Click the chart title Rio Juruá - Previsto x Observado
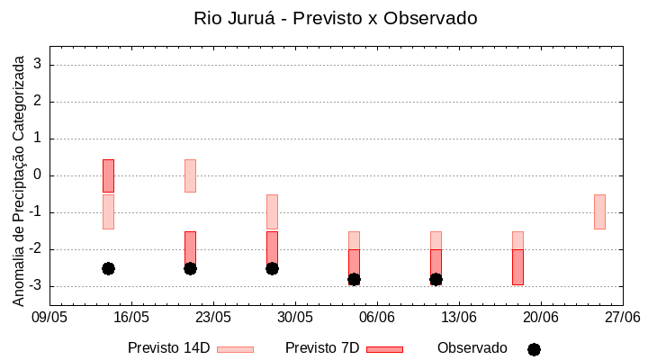tap(335, 18)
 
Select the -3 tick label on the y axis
tap(36, 286)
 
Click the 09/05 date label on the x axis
tap(49, 318)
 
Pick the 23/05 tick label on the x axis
tap(213, 318)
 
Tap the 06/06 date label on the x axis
tap(377, 318)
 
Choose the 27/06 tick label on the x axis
tap(622, 318)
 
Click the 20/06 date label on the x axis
tap(541, 318)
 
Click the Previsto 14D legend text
tap(168, 348)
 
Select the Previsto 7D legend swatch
tap(384, 349)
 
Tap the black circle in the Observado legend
tap(534, 349)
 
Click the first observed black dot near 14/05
tap(108, 268)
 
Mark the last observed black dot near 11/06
tap(436, 279)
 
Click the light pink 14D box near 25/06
tap(599, 211)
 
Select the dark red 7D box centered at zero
tap(108, 175)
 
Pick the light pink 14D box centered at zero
tap(190, 175)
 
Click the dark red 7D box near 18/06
tap(517, 266)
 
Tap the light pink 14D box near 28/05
tap(272, 211)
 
